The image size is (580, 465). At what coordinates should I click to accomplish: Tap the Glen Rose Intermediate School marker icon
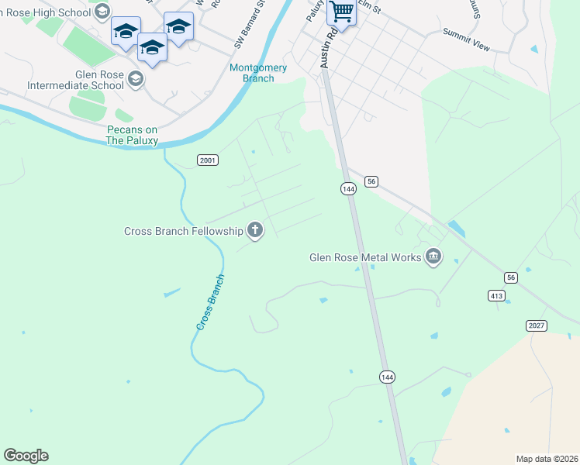(136, 78)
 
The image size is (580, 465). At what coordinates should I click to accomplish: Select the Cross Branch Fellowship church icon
(254, 229)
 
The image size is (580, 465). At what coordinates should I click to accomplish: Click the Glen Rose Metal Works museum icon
(433, 257)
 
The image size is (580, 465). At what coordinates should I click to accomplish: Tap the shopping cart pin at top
(340, 11)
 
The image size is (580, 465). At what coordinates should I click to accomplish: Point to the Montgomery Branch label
(258, 73)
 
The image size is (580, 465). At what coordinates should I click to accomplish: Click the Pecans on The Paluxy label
(133, 135)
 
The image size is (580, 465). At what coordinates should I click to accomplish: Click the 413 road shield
(497, 295)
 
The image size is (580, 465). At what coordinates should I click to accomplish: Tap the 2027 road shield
(536, 325)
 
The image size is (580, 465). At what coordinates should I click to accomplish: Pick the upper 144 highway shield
(347, 188)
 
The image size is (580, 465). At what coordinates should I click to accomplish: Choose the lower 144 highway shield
(388, 377)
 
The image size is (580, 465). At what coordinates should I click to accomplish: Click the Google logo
(26, 456)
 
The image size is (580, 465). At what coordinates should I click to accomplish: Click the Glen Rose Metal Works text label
(364, 257)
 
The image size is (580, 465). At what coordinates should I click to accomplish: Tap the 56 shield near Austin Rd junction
(372, 181)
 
